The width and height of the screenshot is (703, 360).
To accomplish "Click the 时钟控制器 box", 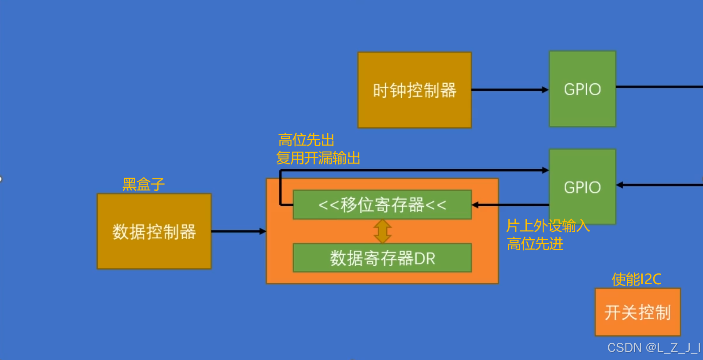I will point(414,90).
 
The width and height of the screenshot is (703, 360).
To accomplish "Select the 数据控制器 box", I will point(154,231).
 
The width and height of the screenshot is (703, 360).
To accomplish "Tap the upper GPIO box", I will point(582,89).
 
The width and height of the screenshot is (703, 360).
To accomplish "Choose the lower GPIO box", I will point(582,187).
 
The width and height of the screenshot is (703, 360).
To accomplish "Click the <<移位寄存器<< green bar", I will point(382,205).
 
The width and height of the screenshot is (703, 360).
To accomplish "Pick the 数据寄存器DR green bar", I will point(382,258).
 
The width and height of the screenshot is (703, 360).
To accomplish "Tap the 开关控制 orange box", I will point(637,312).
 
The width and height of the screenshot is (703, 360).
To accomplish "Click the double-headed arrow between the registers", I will point(382,231).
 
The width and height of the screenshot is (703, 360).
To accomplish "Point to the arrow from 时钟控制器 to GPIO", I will point(510,90).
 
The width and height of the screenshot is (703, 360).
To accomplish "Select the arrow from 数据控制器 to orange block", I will point(238,231).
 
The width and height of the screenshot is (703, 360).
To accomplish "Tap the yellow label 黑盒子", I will point(144,184).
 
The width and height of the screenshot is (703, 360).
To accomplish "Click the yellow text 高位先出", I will point(306,140).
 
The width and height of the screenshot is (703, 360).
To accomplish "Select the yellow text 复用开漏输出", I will point(318,158).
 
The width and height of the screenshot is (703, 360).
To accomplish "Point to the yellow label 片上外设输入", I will point(548,226).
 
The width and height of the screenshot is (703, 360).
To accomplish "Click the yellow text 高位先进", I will point(535,244).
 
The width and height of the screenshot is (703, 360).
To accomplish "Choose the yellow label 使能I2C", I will point(636,279).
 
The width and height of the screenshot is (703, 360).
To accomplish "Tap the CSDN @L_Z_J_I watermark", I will point(654,348).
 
